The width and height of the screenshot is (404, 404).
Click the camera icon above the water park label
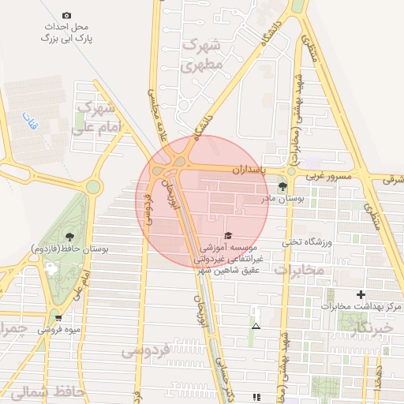click(66, 16)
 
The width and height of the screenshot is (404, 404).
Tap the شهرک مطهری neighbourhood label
click(204, 55)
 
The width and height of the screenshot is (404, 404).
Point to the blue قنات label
click(31, 123)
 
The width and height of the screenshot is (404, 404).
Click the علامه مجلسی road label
click(154, 114)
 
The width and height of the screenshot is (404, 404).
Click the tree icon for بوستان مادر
click(282, 186)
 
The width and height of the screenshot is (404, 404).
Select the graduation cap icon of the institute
click(228, 235)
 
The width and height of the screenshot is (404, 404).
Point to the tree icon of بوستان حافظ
click(71, 235)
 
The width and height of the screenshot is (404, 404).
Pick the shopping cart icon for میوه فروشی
click(59, 318)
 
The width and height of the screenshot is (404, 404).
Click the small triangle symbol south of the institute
click(255, 325)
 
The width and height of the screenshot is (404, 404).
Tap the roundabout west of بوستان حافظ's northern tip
click(93, 187)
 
